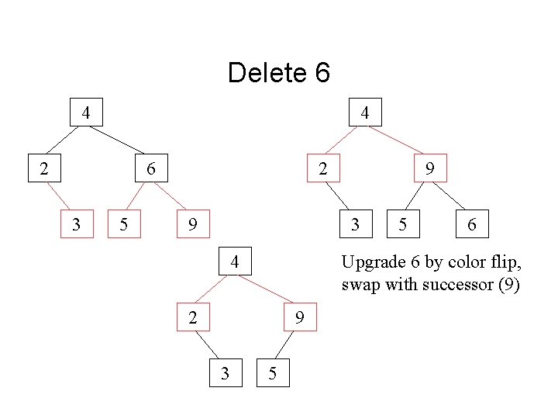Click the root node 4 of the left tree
(87, 113)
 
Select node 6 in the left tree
(151, 168)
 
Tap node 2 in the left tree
(46, 168)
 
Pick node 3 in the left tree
(76, 224)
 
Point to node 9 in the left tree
(193, 224)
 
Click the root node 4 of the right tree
(364, 113)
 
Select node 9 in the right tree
(429, 168)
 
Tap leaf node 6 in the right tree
(472, 224)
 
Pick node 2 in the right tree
(323, 168)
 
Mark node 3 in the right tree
(355, 224)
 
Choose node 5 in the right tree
(403, 224)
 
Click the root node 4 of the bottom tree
(235, 261)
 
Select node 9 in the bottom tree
(298, 317)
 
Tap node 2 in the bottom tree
(193, 317)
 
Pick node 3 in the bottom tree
(226, 372)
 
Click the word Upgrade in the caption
(370, 262)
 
